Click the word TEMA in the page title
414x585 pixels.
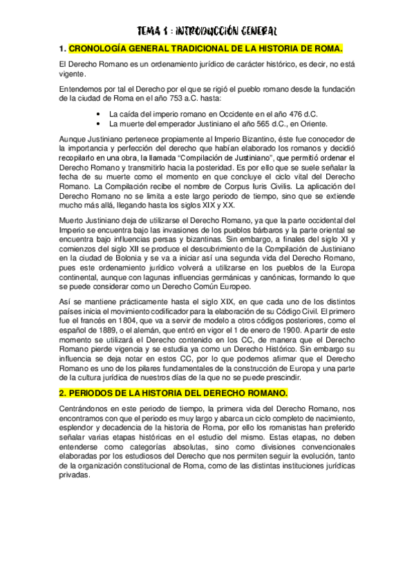[x=149, y=31]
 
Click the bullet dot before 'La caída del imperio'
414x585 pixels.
[x=102, y=113]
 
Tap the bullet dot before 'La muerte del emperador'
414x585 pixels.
[x=102, y=123]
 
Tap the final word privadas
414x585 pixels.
[x=75, y=475]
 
